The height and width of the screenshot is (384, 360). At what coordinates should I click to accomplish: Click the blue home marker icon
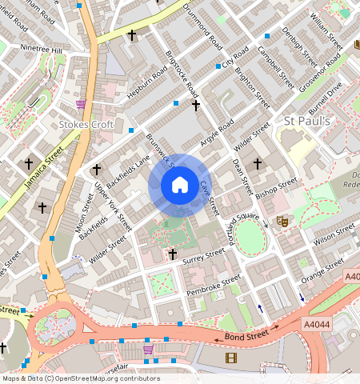(x=180, y=185)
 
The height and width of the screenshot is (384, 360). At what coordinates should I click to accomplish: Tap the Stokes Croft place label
(x=87, y=124)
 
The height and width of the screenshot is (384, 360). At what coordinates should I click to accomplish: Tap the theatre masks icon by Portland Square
(x=281, y=219)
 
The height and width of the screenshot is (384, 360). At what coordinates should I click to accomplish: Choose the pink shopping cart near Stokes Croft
(x=81, y=104)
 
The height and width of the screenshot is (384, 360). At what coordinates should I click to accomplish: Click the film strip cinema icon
(x=231, y=357)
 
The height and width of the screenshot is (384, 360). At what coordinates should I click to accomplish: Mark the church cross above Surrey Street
(x=172, y=254)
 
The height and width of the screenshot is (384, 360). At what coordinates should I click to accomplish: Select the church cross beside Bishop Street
(x=258, y=164)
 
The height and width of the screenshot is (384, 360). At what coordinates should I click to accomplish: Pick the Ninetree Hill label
(x=41, y=50)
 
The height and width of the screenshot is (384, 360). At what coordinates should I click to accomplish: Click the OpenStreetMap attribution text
(x=80, y=378)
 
